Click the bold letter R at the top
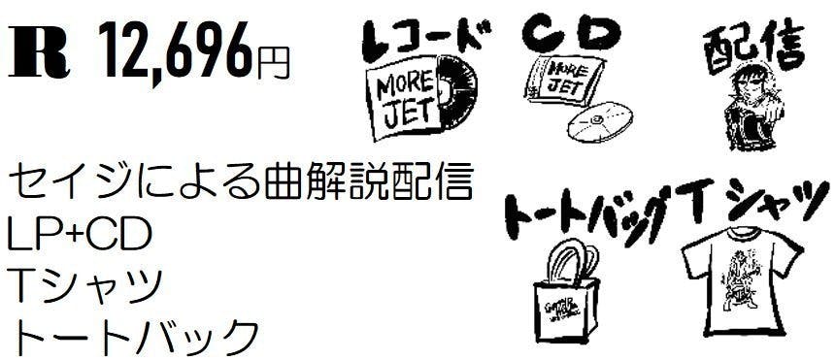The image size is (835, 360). tap(39, 56)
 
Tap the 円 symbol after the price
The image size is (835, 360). tap(274, 63)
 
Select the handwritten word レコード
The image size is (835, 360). tap(423, 36)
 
